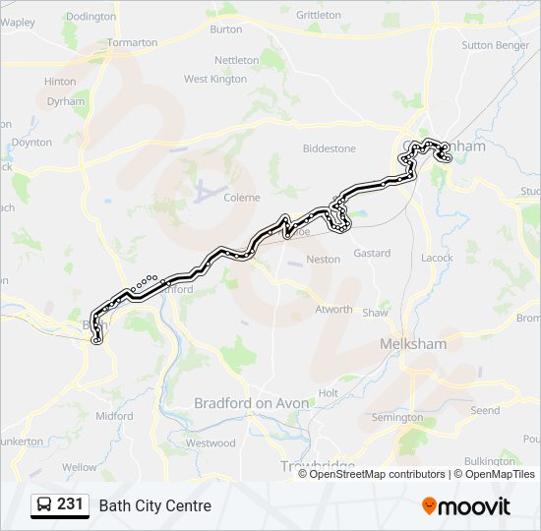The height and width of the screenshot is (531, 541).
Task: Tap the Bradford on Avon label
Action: pos(252,403)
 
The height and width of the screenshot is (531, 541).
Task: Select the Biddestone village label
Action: pos(329,148)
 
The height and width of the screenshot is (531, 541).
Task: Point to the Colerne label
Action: pos(242,198)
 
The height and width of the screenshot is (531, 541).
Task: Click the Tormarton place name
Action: pos(132,43)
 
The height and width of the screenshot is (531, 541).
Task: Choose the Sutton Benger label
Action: pos(495,45)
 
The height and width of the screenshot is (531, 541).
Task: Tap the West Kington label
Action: pos(215,79)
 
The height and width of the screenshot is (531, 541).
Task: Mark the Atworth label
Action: pos(333,309)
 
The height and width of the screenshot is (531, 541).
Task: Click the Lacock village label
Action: pos(437,258)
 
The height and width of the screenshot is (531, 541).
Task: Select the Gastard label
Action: pos(372,253)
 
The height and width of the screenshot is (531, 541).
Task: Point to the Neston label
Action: pos(324,260)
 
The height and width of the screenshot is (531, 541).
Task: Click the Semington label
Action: pos(397,418)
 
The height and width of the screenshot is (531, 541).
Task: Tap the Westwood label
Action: pos(210,443)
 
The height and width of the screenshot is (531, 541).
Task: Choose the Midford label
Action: pos(114,416)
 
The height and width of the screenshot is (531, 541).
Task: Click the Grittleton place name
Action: pos(318,15)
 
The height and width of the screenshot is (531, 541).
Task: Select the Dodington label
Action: pos(90,17)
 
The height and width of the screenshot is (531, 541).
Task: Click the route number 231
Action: pos(70,504)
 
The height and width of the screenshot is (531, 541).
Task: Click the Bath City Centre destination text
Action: pos(154,506)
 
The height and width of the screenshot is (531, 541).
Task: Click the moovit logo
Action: pos(466,506)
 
